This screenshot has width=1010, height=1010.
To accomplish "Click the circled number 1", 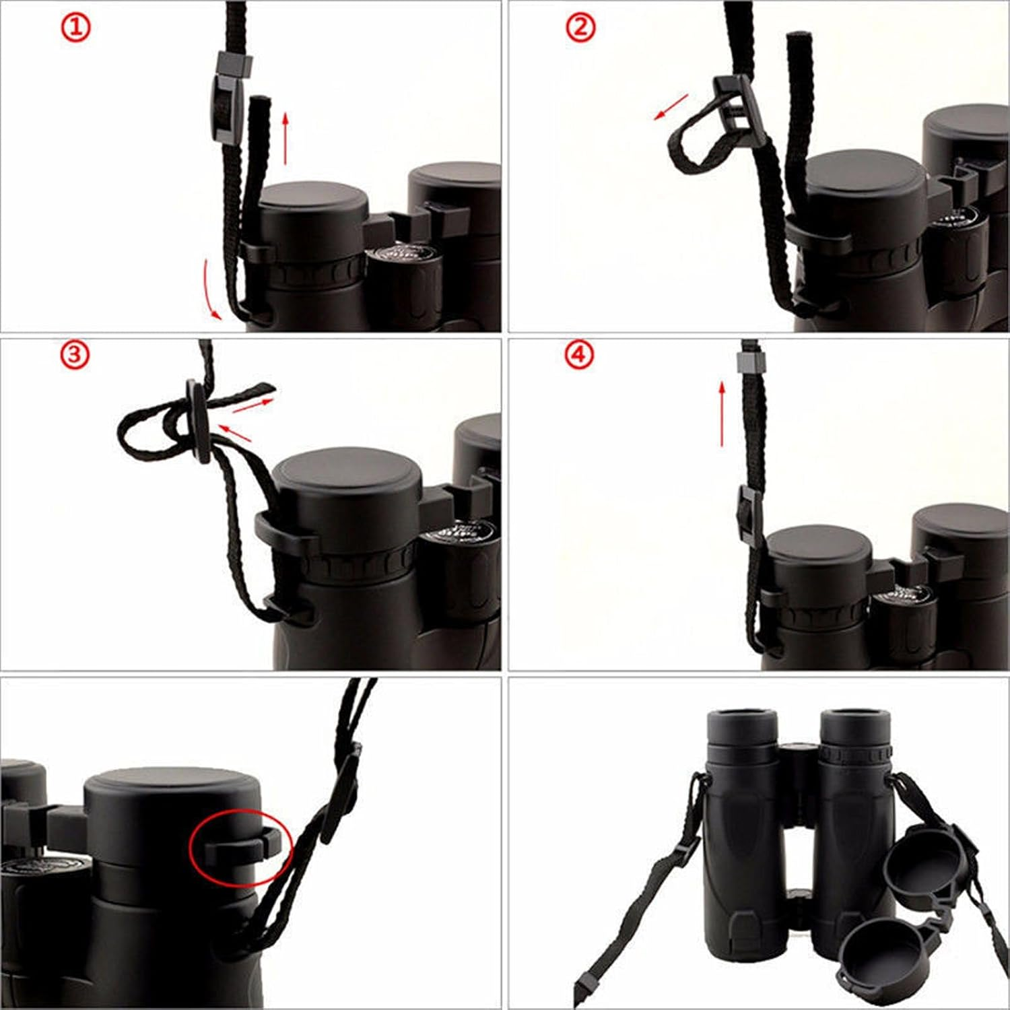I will pyautogui.click(x=76, y=28).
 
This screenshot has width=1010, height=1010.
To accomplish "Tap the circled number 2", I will pyautogui.click(x=580, y=28).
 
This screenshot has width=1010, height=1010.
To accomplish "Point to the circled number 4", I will pyautogui.click(x=579, y=355).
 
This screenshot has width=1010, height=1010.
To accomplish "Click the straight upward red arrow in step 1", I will pyautogui.click(x=285, y=139).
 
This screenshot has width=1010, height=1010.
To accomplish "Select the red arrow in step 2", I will pyautogui.click(x=671, y=107).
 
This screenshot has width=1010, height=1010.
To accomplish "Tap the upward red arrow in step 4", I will pyautogui.click(x=722, y=413).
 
